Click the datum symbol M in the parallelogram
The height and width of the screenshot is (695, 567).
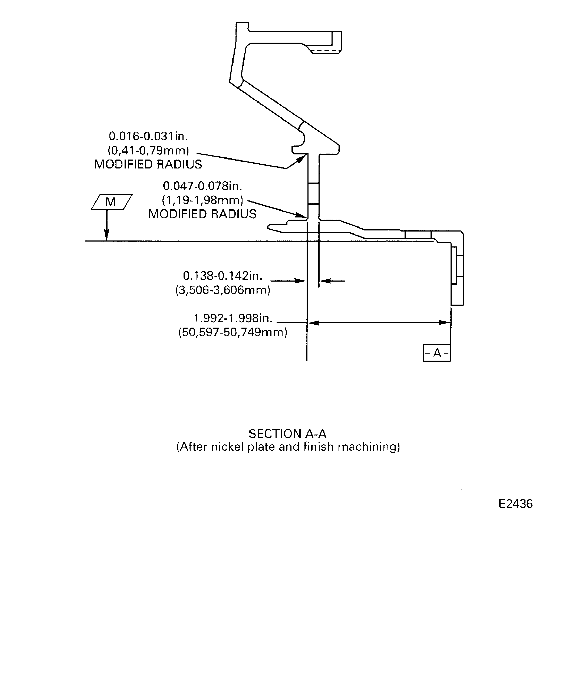tap(111, 202)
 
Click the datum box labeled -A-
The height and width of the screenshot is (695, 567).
tap(437, 353)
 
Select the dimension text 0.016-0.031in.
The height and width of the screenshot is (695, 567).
tap(148, 136)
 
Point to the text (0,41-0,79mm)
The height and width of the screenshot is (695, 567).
tap(148, 150)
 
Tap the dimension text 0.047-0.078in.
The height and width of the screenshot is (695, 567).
tap(202, 186)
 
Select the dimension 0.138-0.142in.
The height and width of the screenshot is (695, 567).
tap(223, 276)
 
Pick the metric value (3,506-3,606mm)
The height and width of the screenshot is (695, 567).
tap(223, 290)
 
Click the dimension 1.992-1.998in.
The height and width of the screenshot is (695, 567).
tap(233, 318)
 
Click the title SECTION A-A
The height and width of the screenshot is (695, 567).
tap(287, 434)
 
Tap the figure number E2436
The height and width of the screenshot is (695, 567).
tap(515, 504)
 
